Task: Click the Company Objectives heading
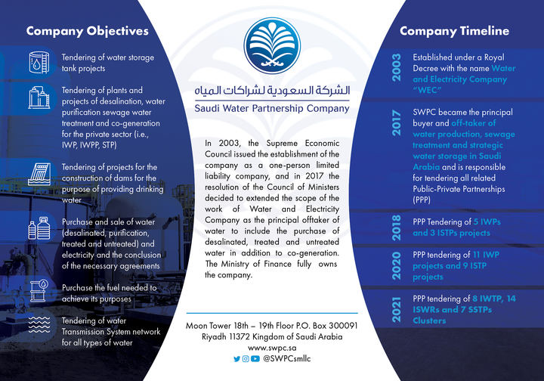coord(87,31)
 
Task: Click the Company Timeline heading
coord(454,31)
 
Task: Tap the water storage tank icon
coord(38,63)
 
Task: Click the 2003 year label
coord(397,67)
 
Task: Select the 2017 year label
coord(397,123)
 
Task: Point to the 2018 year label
coord(397,228)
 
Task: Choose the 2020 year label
coord(397,266)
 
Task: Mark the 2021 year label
coord(397,310)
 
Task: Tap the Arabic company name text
coord(271,91)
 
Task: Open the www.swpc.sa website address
coord(271,347)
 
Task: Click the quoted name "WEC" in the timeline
coord(430,88)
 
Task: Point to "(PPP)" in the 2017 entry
coord(425,201)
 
